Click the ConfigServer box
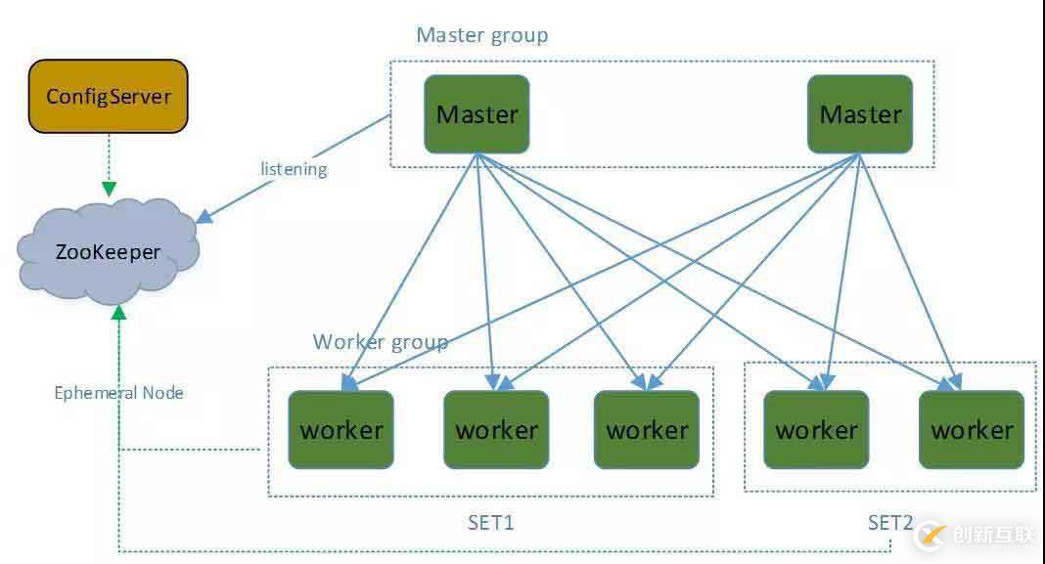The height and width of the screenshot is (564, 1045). [x=108, y=96]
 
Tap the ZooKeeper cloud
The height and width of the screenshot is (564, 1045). [x=108, y=252]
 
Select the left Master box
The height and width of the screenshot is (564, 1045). [x=477, y=113]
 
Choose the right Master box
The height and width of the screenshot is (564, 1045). [x=860, y=113]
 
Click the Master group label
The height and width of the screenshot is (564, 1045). [x=481, y=35]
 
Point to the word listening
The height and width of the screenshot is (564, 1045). [x=294, y=169]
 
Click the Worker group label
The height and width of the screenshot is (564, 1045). [x=380, y=342]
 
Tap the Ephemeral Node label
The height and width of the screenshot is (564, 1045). [x=118, y=393]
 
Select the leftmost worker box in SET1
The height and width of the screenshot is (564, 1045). [x=341, y=429]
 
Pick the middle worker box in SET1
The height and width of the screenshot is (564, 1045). [x=496, y=429]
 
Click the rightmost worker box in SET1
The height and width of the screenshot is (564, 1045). [x=647, y=429]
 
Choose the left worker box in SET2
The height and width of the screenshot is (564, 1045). [x=816, y=429]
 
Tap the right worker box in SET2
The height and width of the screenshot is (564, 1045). [x=972, y=429]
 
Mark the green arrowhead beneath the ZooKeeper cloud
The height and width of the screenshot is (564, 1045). [x=118, y=312]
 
